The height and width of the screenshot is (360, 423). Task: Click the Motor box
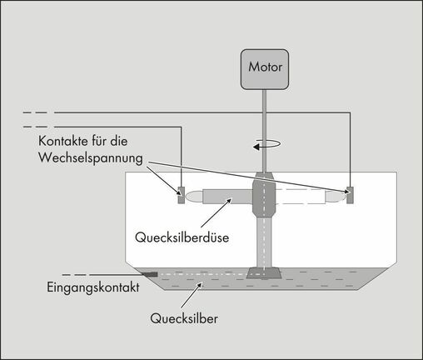(x=265, y=69)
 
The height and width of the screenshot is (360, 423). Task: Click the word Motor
(x=265, y=67)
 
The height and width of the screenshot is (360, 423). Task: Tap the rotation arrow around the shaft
(x=266, y=144)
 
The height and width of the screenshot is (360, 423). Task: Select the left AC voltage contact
(x=181, y=195)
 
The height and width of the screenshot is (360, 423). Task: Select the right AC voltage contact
(x=350, y=195)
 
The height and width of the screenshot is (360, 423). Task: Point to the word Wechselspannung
(x=91, y=158)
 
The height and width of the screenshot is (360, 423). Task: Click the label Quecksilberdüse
(x=182, y=237)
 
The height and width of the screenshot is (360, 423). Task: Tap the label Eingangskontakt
(x=93, y=287)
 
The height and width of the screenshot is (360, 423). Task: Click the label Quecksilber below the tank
(x=184, y=318)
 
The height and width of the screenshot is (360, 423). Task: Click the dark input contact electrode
(x=151, y=274)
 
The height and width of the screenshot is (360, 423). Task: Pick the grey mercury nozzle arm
(x=227, y=197)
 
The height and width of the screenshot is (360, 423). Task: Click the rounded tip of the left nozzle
(x=193, y=197)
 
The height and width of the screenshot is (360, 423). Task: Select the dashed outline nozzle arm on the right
(x=301, y=197)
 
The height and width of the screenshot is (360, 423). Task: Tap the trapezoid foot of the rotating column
(x=264, y=273)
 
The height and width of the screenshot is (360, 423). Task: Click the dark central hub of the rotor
(x=264, y=197)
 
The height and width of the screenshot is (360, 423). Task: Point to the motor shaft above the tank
(x=265, y=131)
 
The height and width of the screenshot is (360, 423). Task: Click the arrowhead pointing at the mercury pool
(x=200, y=286)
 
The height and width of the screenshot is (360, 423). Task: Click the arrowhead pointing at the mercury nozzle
(x=229, y=201)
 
